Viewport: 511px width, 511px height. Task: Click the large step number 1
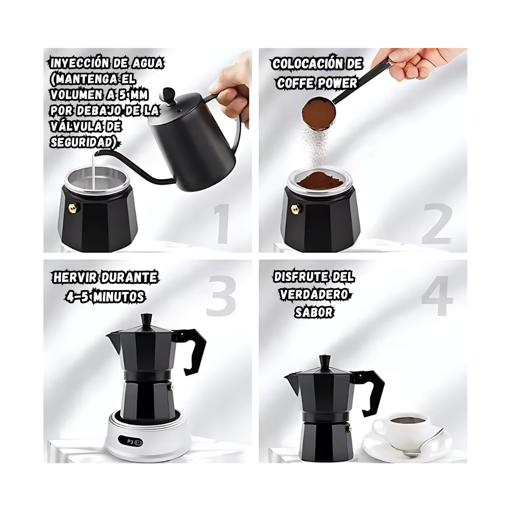point(222,223)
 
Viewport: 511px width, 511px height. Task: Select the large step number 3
point(221,296)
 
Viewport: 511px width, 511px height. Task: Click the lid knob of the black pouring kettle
point(169,94)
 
